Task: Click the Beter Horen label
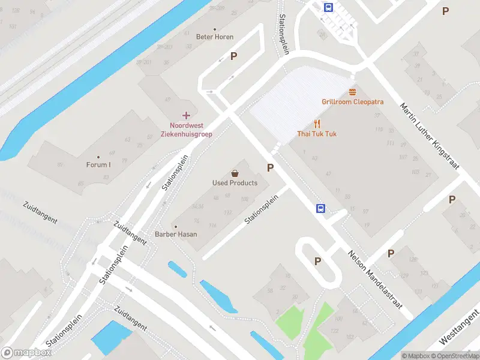(x=215, y=37)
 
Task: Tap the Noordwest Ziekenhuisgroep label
(x=186, y=130)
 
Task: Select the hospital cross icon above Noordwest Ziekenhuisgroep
(x=186, y=115)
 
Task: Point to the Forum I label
(x=98, y=165)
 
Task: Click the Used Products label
(x=235, y=183)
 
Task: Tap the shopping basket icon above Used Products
(x=235, y=173)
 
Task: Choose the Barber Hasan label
(x=176, y=234)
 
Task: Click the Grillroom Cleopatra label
(x=352, y=102)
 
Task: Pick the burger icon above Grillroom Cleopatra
(x=352, y=92)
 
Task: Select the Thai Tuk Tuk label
(x=317, y=133)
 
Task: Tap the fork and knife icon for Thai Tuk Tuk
(x=317, y=124)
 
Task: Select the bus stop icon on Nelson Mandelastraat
(x=321, y=208)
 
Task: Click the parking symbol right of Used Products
(x=271, y=168)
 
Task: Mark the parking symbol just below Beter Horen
(x=234, y=56)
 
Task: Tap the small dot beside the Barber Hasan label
(x=176, y=226)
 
